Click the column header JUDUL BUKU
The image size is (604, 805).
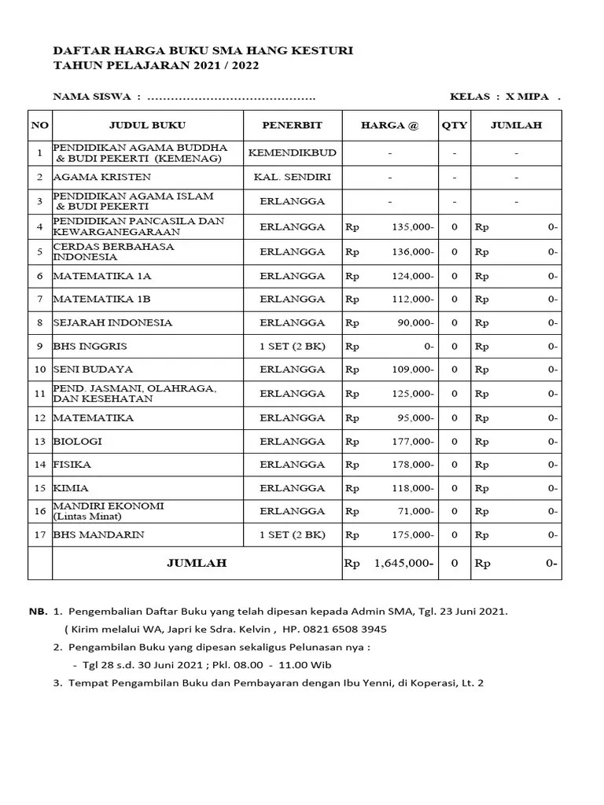147,126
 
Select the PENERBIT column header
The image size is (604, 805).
292,126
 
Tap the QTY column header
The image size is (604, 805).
454,126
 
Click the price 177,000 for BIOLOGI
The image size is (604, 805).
412,442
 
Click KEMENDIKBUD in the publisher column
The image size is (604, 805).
292,153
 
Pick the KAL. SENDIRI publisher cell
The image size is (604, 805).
292,178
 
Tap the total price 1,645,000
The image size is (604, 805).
403,564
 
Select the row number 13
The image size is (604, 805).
39,442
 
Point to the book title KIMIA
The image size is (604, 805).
71,488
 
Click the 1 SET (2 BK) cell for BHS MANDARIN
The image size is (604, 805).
292,535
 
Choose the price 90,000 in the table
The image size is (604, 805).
415,323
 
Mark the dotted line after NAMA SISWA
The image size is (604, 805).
231,98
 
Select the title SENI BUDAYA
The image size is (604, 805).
93,369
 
